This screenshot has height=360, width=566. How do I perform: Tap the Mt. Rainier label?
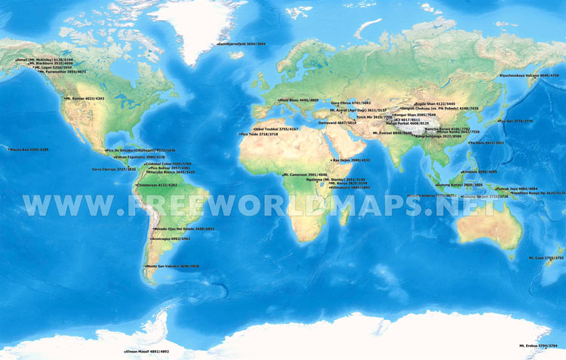click(84, 98)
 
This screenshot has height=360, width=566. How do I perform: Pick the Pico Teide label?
click(259, 134)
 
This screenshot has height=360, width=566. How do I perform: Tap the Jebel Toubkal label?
click(276, 129)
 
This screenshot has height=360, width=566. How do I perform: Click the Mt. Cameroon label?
click(305, 174)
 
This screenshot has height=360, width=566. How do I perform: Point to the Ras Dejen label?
click(354, 160)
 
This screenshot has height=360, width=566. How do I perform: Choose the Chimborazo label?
click(156, 184)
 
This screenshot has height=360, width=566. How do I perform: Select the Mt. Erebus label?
click(537, 345)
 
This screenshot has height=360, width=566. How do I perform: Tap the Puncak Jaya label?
click(515, 189)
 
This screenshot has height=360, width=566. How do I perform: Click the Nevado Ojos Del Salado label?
click(184, 229)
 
